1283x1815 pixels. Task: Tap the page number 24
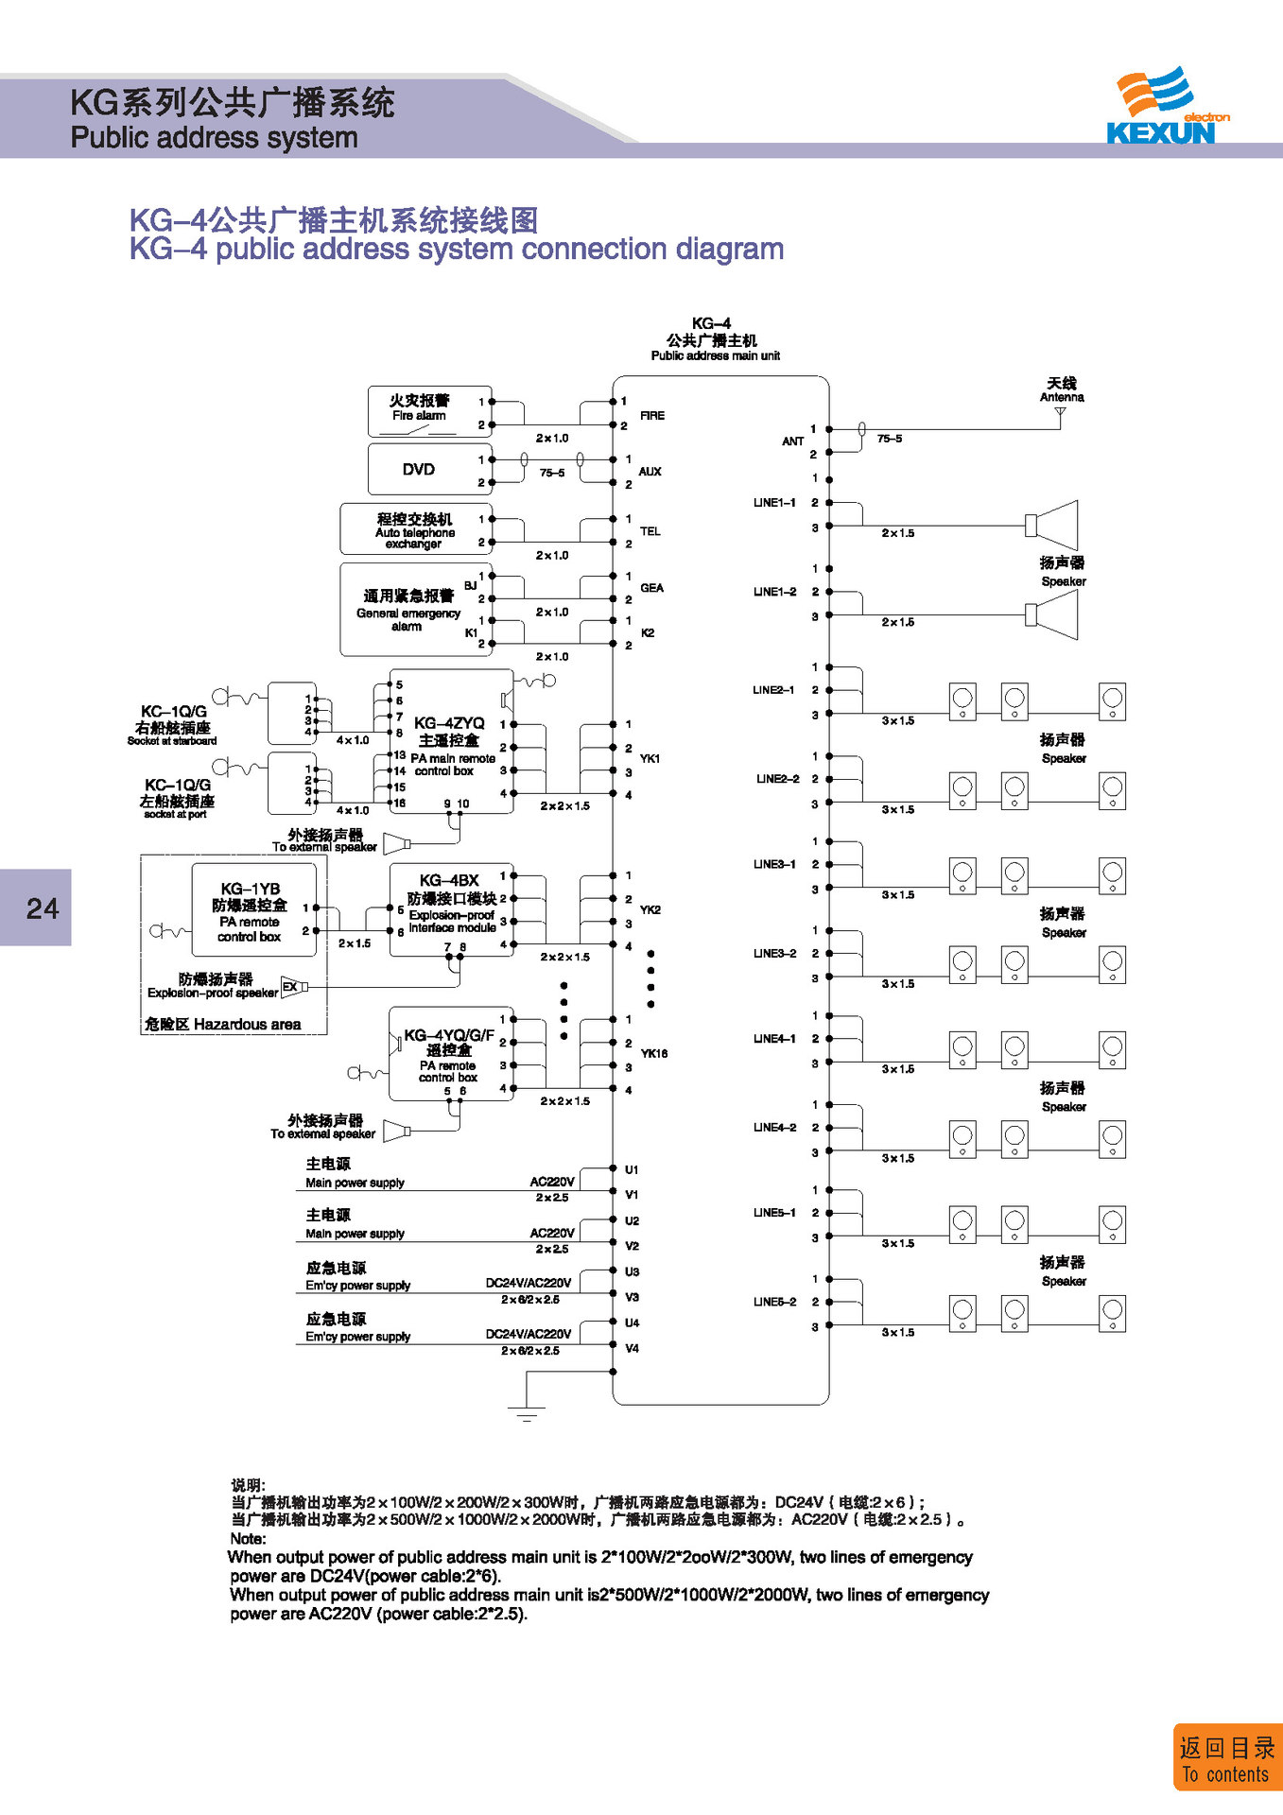[x=42, y=908]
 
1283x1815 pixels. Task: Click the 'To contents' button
[x=1225, y=1759]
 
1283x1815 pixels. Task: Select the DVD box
[x=419, y=470]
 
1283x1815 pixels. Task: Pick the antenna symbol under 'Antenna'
[x=1060, y=413]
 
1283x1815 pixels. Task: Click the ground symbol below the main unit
[x=527, y=1414]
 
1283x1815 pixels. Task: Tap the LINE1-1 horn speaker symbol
[x=1054, y=525]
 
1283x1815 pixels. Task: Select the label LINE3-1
[x=774, y=864]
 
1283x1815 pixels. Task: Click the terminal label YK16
[x=653, y=1053]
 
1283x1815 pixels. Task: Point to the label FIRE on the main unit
[x=651, y=416]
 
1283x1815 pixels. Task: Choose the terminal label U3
[x=632, y=1271]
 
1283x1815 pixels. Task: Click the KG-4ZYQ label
[x=449, y=723]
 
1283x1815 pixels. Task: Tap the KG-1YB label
[x=250, y=889]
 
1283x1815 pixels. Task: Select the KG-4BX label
[x=449, y=880]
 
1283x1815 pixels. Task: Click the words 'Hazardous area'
[x=247, y=1024]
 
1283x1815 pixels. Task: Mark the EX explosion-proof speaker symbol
[x=293, y=987]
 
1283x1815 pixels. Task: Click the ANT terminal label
[x=792, y=441]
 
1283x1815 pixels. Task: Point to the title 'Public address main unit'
[x=715, y=356]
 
